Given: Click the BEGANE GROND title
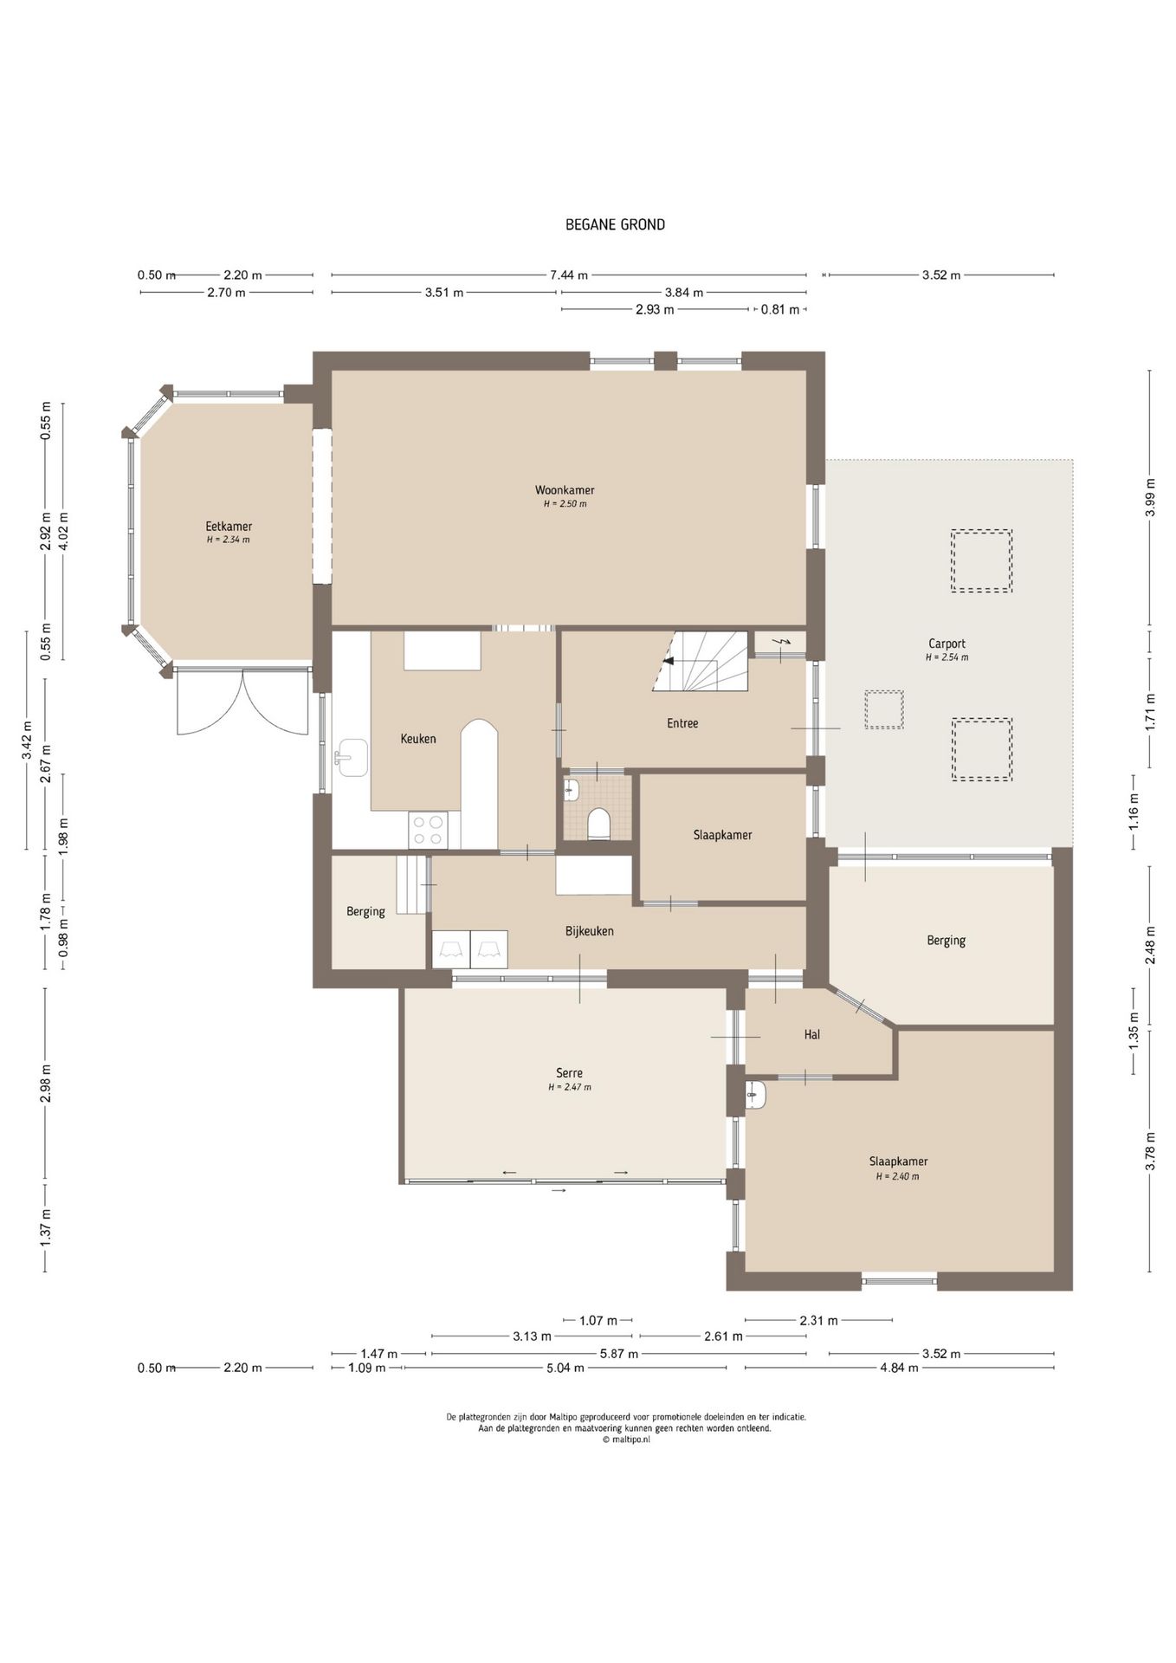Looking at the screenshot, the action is [615, 224].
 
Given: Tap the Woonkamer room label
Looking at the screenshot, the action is [565, 490].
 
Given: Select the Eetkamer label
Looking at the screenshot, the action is [229, 527].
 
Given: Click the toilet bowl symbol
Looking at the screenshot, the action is [598, 824].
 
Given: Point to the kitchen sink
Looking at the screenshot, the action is [352, 758].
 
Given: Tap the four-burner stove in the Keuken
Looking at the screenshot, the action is [429, 829].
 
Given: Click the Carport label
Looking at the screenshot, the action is [947, 644].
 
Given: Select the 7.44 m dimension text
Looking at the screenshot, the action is [569, 275].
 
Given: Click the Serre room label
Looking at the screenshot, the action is [570, 1073].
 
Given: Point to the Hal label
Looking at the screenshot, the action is [811, 1034].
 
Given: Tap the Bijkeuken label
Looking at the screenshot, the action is [590, 931].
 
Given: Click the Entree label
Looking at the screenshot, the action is [682, 723].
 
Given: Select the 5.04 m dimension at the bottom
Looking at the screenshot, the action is [565, 1368].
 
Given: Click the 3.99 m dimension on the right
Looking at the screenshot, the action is [1150, 498].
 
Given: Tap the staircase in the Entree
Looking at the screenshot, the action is [701, 662].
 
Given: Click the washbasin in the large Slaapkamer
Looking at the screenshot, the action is [755, 1096].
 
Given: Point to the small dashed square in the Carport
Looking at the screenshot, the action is [884, 709].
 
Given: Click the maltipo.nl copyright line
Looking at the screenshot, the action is [625, 1440].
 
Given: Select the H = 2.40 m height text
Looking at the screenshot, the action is [897, 1176].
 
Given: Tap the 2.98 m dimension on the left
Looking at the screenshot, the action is [45, 1084].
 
